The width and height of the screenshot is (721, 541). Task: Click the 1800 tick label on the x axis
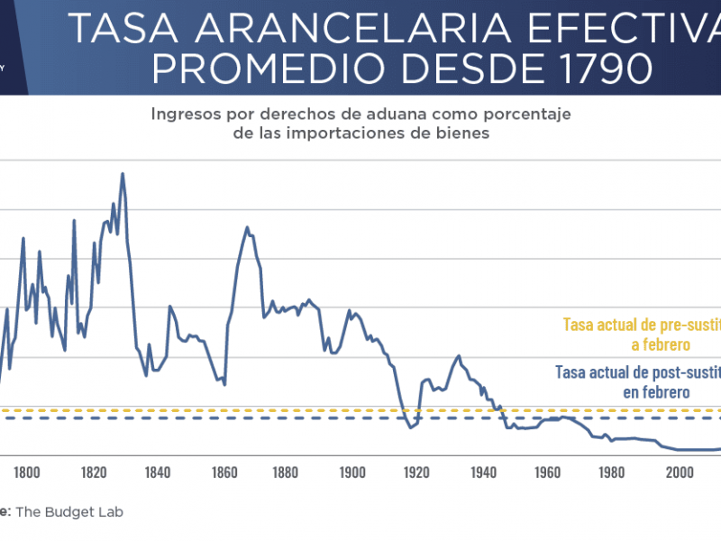point(26,472)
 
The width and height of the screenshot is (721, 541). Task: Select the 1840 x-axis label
point(157,472)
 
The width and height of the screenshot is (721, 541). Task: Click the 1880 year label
point(287,472)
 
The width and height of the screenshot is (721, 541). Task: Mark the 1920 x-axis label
point(416,472)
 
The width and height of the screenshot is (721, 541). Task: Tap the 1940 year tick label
point(482,472)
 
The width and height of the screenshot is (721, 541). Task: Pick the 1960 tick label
point(547,472)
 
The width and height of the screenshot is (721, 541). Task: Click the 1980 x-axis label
point(612,472)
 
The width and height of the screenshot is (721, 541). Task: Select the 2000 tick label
point(678,472)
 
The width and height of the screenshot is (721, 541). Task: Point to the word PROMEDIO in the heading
point(237,69)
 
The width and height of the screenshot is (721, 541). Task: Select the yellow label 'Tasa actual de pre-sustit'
point(641,324)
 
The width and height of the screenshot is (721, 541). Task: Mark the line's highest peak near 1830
point(123,174)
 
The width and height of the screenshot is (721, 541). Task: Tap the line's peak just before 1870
point(247,227)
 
